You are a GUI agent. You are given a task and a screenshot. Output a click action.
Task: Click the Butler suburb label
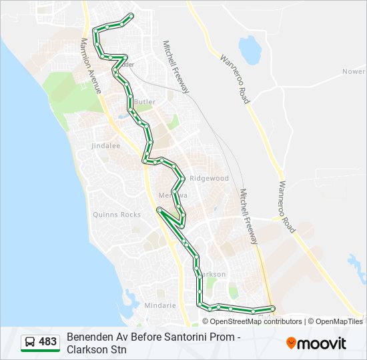point(145,102)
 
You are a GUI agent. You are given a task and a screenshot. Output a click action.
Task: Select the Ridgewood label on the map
point(209,179)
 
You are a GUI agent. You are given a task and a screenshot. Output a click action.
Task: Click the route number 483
point(47,342)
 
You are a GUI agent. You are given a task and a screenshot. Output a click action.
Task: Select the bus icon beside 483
point(31,342)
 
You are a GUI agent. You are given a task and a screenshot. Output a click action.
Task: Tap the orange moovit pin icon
point(291,343)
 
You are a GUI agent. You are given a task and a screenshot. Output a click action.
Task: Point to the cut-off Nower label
point(354,71)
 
